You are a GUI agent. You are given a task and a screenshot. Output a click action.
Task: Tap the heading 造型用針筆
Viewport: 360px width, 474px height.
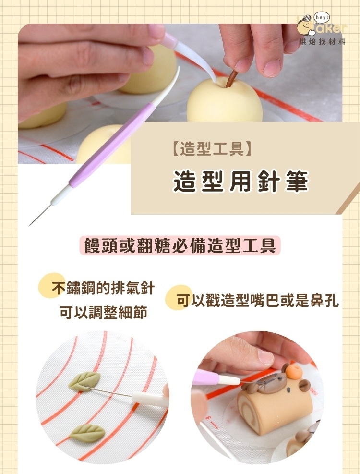[x=240, y=182]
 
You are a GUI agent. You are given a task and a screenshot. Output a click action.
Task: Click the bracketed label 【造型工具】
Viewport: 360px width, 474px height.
[x=211, y=150]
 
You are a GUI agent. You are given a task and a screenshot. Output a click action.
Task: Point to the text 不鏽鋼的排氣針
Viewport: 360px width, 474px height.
[x=103, y=289]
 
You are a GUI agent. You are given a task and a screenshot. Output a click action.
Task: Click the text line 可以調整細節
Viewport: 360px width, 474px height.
[x=103, y=313]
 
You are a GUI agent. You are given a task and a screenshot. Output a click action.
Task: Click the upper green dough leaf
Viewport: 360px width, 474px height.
[x=84, y=381]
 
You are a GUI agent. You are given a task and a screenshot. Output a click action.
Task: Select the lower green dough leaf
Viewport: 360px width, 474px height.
[x=87, y=433]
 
